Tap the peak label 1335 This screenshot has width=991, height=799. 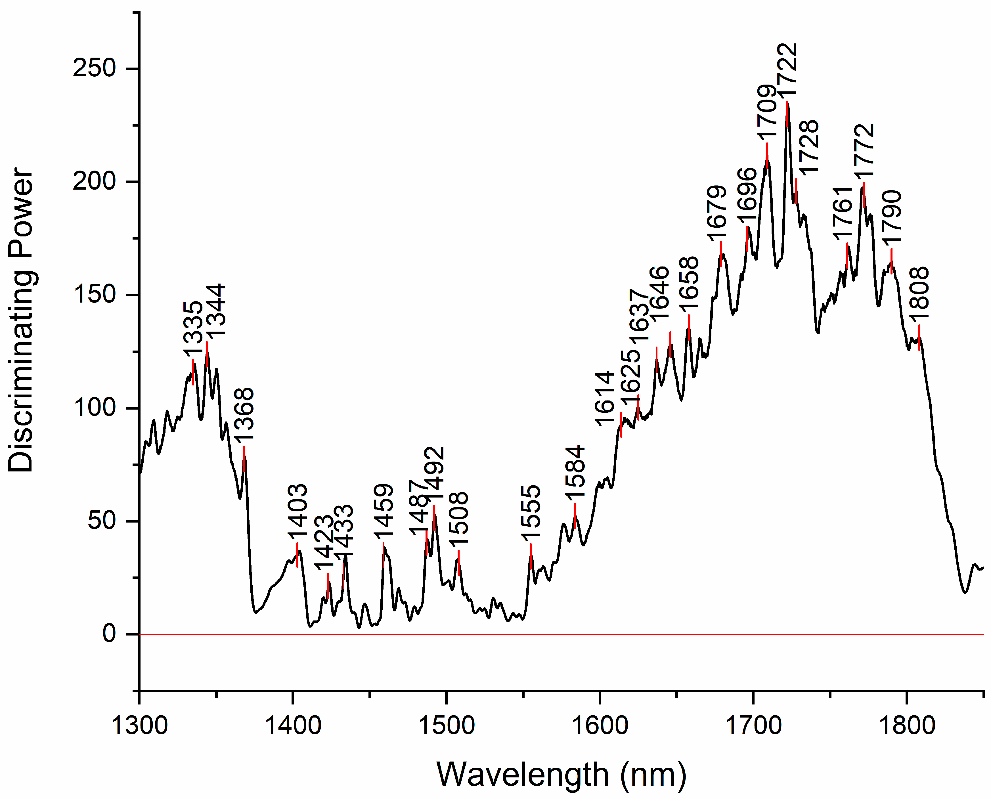pos(193,329)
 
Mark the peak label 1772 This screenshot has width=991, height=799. pos(864,151)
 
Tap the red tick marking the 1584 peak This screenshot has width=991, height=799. pos(575,515)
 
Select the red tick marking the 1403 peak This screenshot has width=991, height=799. pos(297,555)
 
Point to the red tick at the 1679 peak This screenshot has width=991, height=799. pos(721,253)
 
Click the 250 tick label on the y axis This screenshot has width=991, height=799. pos(94,69)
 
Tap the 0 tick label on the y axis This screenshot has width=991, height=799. pos(109,634)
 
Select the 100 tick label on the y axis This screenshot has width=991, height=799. pos(94,408)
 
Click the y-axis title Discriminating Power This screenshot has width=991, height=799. pos(21,320)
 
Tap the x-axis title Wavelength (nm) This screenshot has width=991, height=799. pos(561,775)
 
